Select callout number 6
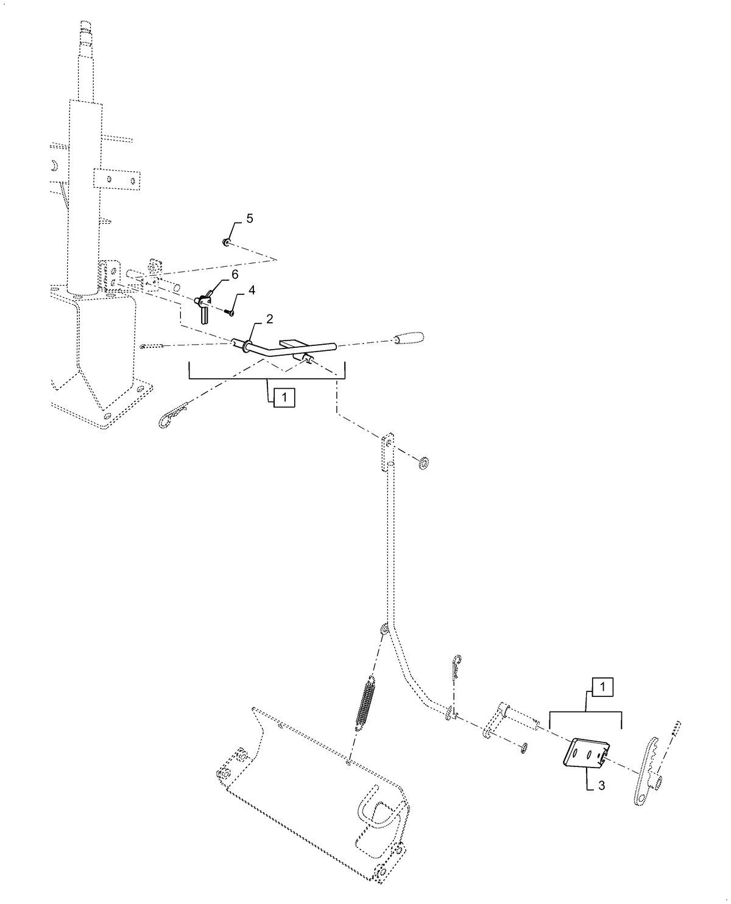coord(235,275)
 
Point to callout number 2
coord(268,320)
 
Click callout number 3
coord(601,785)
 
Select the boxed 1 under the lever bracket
coord(284,397)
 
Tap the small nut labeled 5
coord(226,242)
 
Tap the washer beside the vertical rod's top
coord(422,463)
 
